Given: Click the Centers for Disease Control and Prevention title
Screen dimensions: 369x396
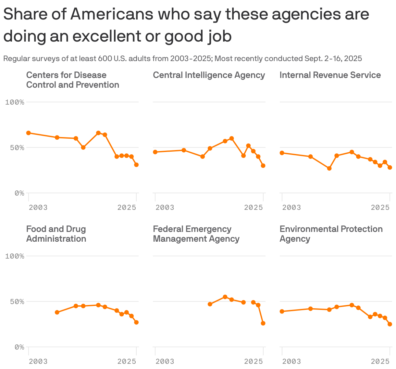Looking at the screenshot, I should (72, 80).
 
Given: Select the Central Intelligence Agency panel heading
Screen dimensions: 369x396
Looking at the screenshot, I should (209, 75).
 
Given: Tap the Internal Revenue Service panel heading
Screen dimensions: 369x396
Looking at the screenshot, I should (330, 75).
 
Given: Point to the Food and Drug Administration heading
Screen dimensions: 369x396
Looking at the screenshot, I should (56, 234).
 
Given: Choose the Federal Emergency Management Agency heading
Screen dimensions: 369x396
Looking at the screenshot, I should (196, 234).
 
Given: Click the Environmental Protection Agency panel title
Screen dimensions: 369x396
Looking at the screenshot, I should (331, 234).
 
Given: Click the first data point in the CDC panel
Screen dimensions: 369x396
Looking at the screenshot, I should (29, 133).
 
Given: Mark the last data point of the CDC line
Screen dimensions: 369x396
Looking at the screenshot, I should (136, 165).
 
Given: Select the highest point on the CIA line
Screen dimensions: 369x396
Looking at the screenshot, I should (231, 138).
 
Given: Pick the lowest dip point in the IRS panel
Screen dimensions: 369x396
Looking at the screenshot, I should (329, 168).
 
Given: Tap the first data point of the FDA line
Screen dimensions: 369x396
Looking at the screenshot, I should (57, 312).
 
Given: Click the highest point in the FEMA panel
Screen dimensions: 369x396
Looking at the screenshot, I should (225, 297).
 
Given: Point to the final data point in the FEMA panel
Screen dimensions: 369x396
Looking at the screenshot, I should (263, 323).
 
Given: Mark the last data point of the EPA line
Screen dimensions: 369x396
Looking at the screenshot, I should (390, 324).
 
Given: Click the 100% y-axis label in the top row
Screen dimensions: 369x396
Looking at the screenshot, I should (15, 102).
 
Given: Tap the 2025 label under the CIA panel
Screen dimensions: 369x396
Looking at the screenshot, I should (253, 207).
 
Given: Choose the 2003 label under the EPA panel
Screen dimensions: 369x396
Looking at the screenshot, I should (291, 361).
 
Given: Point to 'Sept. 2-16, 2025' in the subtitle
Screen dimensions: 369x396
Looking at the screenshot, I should (333, 58).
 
